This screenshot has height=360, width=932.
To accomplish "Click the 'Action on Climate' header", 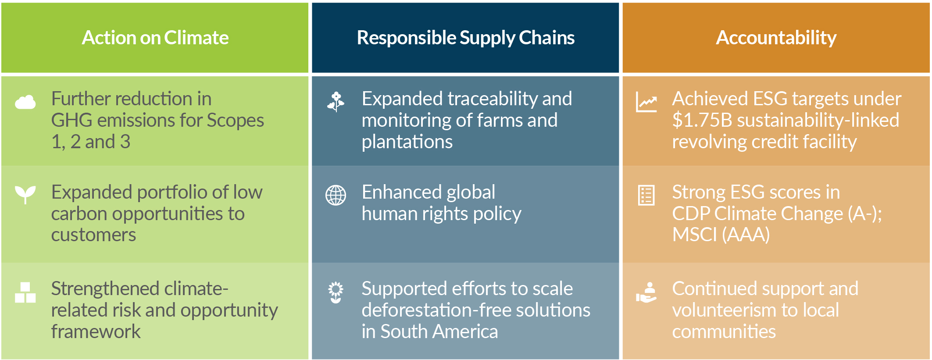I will (x=155, y=38).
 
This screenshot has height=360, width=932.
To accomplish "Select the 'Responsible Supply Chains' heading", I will (x=465, y=38).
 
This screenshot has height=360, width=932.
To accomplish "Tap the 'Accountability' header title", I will (x=776, y=38).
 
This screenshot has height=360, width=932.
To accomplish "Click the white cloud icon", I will (x=25, y=102).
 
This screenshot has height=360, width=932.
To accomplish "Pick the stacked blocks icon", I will (x=25, y=292).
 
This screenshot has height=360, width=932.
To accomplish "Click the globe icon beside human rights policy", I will (x=336, y=195).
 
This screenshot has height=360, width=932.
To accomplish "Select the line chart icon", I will (x=646, y=102).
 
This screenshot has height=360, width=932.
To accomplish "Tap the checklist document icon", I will (x=646, y=195).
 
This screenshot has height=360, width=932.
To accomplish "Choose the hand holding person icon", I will (x=646, y=292).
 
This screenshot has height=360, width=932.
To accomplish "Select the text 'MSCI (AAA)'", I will (x=721, y=235).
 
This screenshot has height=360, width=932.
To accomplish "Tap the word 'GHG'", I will (x=71, y=121).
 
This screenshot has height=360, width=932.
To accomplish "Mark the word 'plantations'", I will (x=407, y=142).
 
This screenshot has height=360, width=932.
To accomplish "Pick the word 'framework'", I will (x=96, y=331).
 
